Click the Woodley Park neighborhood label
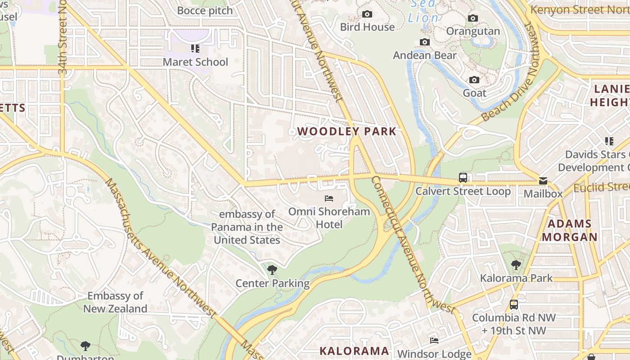pos(346,131)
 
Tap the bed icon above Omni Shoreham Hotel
pos(329,198)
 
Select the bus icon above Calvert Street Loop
pos(463,177)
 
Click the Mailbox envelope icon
pos(543,181)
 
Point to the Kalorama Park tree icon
pos(516,265)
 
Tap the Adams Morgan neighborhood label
pos(569,230)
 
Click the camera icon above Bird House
pos(367,14)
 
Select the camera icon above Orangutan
pos(472,18)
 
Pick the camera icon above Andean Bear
pos(424,42)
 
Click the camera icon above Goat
pos(474,80)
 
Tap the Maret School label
pos(195,62)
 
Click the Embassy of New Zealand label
pos(115,302)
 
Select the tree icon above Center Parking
pos(272,270)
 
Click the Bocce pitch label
pos(205,10)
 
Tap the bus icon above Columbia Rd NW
pos(513,305)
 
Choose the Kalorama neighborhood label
pos(354,351)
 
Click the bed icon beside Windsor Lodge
pos(434,340)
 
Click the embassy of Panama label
pos(247,227)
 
